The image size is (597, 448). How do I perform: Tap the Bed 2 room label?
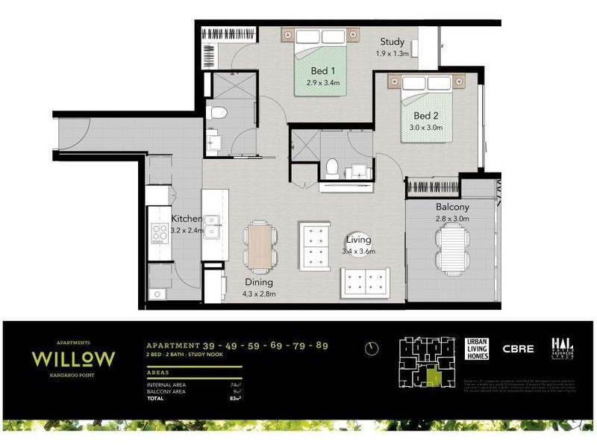[426, 116]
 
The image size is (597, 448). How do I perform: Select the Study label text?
[392, 42]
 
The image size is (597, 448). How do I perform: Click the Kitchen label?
[186, 219]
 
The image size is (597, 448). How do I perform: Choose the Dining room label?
[258, 283]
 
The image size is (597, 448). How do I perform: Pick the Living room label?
[360, 240]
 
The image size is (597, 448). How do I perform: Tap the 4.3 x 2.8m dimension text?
[258, 294]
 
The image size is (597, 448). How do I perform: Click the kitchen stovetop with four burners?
[159, 233]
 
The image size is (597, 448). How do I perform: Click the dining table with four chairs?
[260, 245]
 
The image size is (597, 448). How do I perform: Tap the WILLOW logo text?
[73, 358]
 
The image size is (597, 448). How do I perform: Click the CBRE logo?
[518, 349]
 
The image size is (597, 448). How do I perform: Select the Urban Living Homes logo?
[475, 349]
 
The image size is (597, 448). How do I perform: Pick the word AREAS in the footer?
[157, 371]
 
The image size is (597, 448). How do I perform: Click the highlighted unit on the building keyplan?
[433, 377]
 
